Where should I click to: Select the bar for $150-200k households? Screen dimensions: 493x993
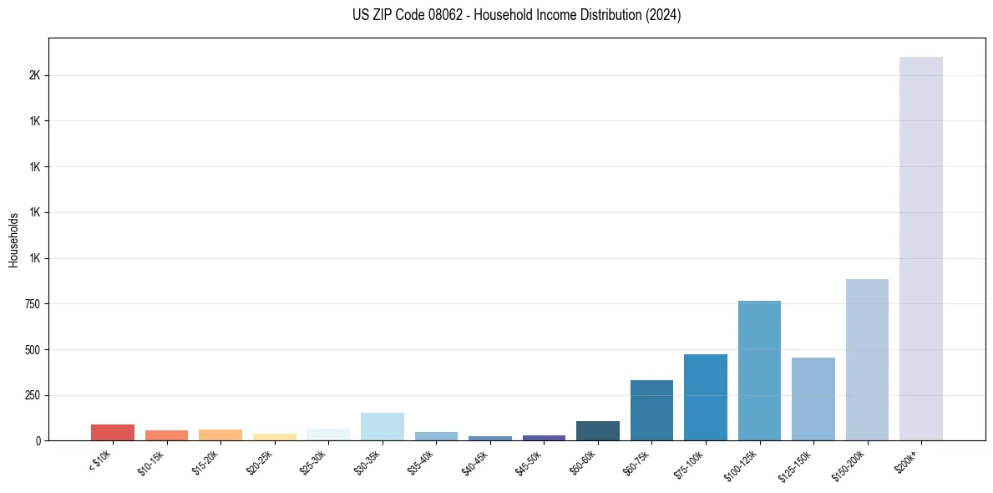click(867, 359)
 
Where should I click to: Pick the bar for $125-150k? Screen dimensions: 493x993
click(813, 399)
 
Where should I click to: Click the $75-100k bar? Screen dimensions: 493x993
click(706, 397)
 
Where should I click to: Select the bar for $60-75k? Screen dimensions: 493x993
click(651, 410)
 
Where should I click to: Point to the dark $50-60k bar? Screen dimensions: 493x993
click(598, 430)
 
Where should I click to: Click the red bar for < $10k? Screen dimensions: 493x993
click(113, 432)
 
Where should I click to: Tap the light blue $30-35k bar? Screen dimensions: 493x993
click(383, 426)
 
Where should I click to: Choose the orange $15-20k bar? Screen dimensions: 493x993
click(220, 435)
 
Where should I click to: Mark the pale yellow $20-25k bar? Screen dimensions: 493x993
click(275, 436)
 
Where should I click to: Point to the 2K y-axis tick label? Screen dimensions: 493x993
click(35, 75)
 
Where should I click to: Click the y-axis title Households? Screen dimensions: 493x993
click(13, 240)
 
